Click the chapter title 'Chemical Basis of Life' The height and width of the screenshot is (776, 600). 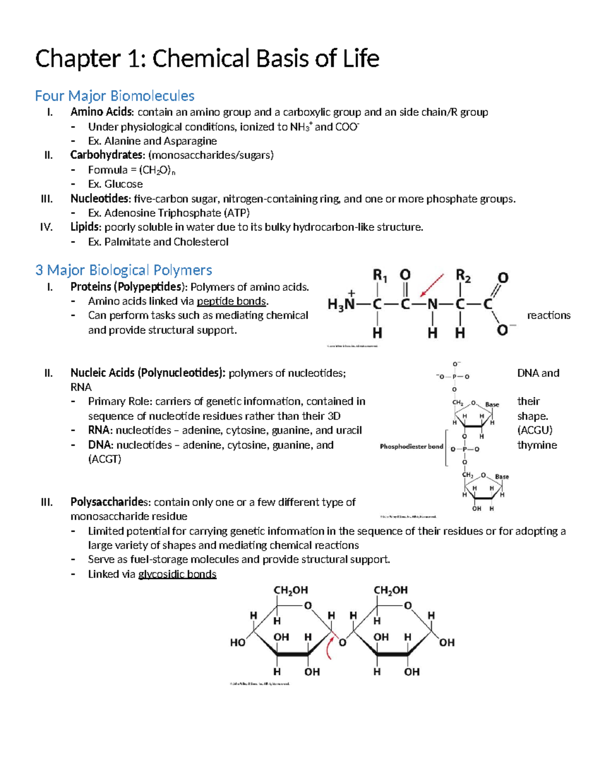[265, 58]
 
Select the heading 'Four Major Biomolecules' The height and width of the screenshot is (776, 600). [114, 95]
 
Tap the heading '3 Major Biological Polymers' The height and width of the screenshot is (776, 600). [123, 270]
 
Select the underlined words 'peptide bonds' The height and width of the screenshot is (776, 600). [232, 301]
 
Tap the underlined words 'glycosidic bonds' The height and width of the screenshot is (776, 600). [177, 574]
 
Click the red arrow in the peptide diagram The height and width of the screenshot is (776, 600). [432, 285]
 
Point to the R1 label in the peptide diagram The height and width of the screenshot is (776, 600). [380, 275]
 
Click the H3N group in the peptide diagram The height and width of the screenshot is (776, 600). [341, 303]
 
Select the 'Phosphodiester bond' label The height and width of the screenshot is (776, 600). [411, 446]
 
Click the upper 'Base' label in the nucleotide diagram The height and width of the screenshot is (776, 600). [492, 404]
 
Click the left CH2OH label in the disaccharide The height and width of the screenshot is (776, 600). [290, 590]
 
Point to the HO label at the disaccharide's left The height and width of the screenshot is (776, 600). [237, 643]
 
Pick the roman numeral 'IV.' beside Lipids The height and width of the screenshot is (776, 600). [46, 227]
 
